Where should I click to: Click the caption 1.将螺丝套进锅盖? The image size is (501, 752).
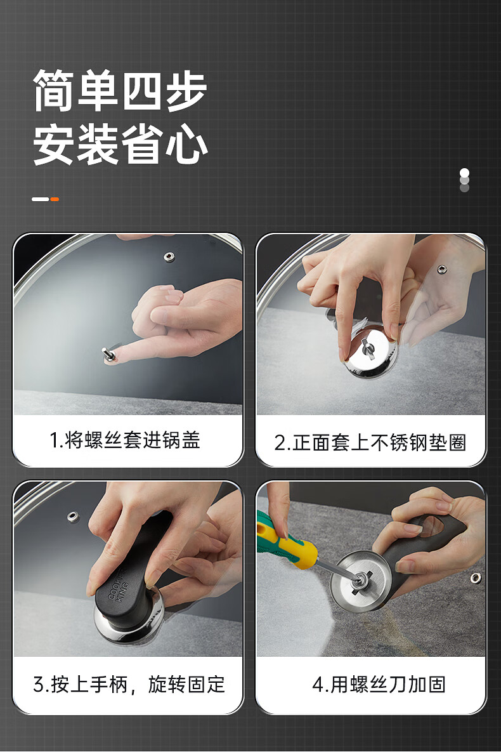125,440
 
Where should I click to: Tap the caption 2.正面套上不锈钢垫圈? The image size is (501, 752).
370,442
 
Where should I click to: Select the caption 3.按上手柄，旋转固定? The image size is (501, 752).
129,684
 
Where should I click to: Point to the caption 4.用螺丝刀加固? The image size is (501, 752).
379,684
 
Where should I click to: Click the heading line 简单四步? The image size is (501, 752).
120,91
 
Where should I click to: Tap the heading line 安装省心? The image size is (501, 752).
120,144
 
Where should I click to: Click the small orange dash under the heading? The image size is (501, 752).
55,199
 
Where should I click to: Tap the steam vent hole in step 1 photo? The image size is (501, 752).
169,256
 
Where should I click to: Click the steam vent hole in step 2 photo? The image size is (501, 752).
441,269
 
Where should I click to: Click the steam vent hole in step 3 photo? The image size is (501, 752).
72,517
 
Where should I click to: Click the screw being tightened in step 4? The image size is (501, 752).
358,580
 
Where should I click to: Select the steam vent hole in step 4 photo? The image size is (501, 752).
476,577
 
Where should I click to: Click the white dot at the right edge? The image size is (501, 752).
464,173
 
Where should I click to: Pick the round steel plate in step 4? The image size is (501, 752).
360,580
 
